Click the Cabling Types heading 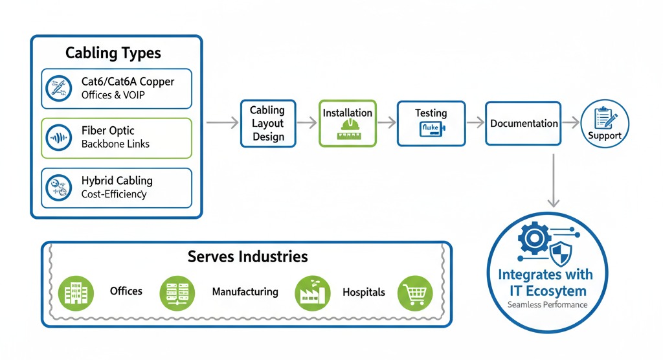click(x=113, y=52)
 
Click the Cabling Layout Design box click(x=267, y=123)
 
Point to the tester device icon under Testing click(x=431, y=129)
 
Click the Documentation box click(x=524, y=123)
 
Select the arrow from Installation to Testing click(x=387, y=122)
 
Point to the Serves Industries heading click(x=247, y=256)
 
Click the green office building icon click(x=72, y=291)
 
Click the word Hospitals click(x=364, y=292)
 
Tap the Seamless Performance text click(x=547, y=304)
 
